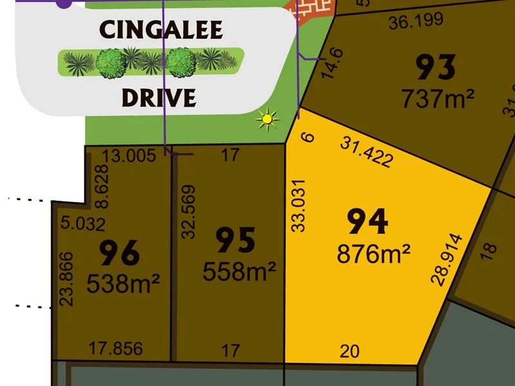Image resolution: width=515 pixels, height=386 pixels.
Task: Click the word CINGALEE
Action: click(x=161, y=30)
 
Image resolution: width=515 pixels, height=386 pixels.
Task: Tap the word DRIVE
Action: click(x=158, y=98)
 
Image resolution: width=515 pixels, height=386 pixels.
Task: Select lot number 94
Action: click(x=368, y=222)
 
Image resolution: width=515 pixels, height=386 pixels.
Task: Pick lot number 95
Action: click(x=235, y=240)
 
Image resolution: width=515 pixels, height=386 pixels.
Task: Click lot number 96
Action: click(x=120, y=253)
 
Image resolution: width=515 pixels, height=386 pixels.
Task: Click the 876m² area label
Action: click(x=373, y=254)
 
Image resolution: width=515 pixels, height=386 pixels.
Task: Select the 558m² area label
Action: click(x=239, y=271)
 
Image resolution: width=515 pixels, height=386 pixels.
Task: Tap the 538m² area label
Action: click(x=124, y=283)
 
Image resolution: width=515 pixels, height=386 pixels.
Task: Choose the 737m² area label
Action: click(x=438, y=98)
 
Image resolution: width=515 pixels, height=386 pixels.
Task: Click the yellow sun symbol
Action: click(x=267, y=119)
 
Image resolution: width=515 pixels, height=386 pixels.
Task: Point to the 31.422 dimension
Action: click(x=366, y=152)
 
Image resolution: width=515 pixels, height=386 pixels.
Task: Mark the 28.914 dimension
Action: click(x=446, y=259)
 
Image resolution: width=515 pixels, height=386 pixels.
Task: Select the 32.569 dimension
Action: click(x=187, y=212)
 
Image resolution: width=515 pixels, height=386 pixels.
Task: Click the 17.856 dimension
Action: click(x=116, y=349)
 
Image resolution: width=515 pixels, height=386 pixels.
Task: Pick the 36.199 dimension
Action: click(x=416, y=21)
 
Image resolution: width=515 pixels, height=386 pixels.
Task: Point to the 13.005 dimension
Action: click(x=129, y=155)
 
